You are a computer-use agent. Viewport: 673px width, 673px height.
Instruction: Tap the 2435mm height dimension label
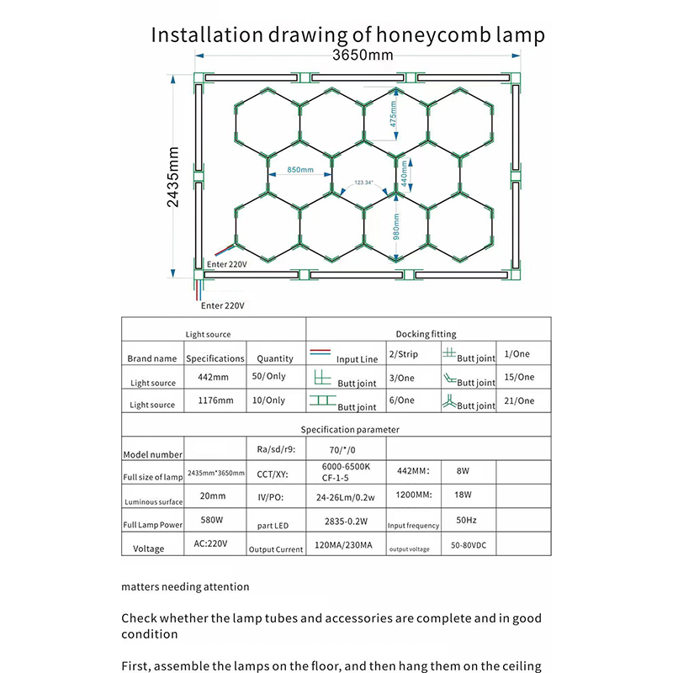tap(174, 182)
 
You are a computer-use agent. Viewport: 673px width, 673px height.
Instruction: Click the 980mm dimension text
tap(395, 223)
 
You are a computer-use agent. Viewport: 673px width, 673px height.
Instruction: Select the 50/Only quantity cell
tap(269, 378)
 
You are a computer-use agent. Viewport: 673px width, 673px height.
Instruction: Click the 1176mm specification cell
tap(215, 400)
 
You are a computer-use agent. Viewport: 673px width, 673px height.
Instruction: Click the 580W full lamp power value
tap(212, 522)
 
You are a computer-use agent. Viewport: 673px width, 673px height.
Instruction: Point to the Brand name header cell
tap(152, 358)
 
